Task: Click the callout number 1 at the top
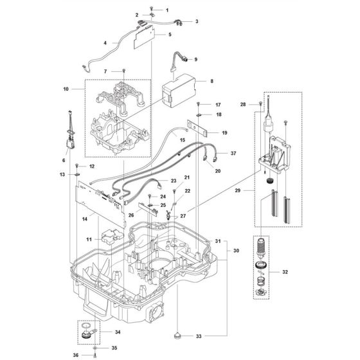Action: [x=167, y=10]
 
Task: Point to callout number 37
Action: [x=233, y=154]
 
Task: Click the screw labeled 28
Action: [x=260, y=104]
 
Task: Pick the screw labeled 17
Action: [x=199, y=104]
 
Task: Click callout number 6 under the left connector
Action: [x=63, y=160]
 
